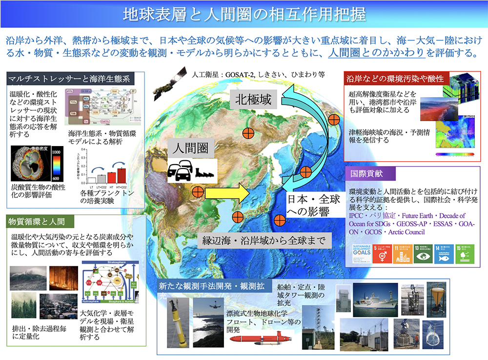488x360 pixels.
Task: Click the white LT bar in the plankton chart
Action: (92, 179)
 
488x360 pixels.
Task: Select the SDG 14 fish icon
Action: (443, 254)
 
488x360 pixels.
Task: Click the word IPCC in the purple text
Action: (358, 215)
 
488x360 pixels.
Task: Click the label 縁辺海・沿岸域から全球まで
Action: (266, 240)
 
